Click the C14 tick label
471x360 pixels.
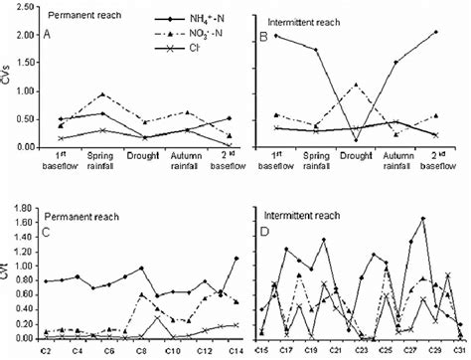coord(235,351)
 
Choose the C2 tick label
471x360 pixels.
coord(44,351)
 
